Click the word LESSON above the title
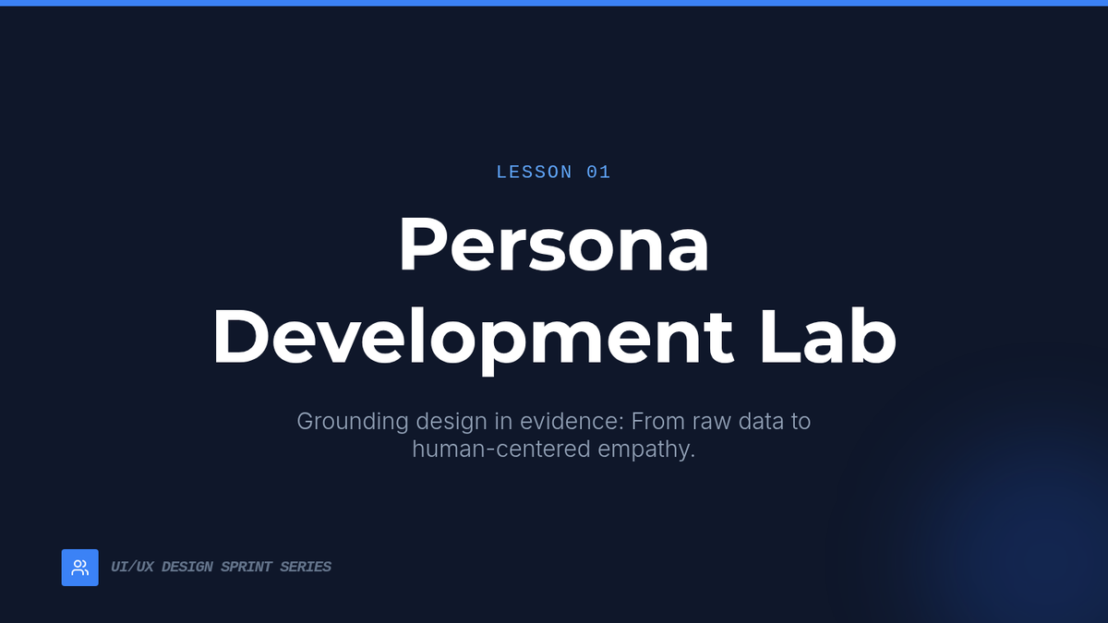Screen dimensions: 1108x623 tap(535, 173)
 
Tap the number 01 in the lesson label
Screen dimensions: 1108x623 tap(598, 173)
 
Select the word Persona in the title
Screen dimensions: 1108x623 tap(554, 245)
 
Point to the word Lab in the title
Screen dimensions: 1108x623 tap(827, 336)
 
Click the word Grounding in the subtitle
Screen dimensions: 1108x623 tap(353, 423)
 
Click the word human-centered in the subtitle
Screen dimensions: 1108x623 tap(501, 449)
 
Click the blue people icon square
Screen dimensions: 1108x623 tap(80, 568)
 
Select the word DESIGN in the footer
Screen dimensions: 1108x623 tap(187, 567)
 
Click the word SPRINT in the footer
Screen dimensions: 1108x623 tap(247, 567)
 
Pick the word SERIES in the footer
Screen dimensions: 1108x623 tap(306, 567)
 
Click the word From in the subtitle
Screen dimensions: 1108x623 tap(657, 422)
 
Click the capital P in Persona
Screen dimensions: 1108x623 tap(421, 244)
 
